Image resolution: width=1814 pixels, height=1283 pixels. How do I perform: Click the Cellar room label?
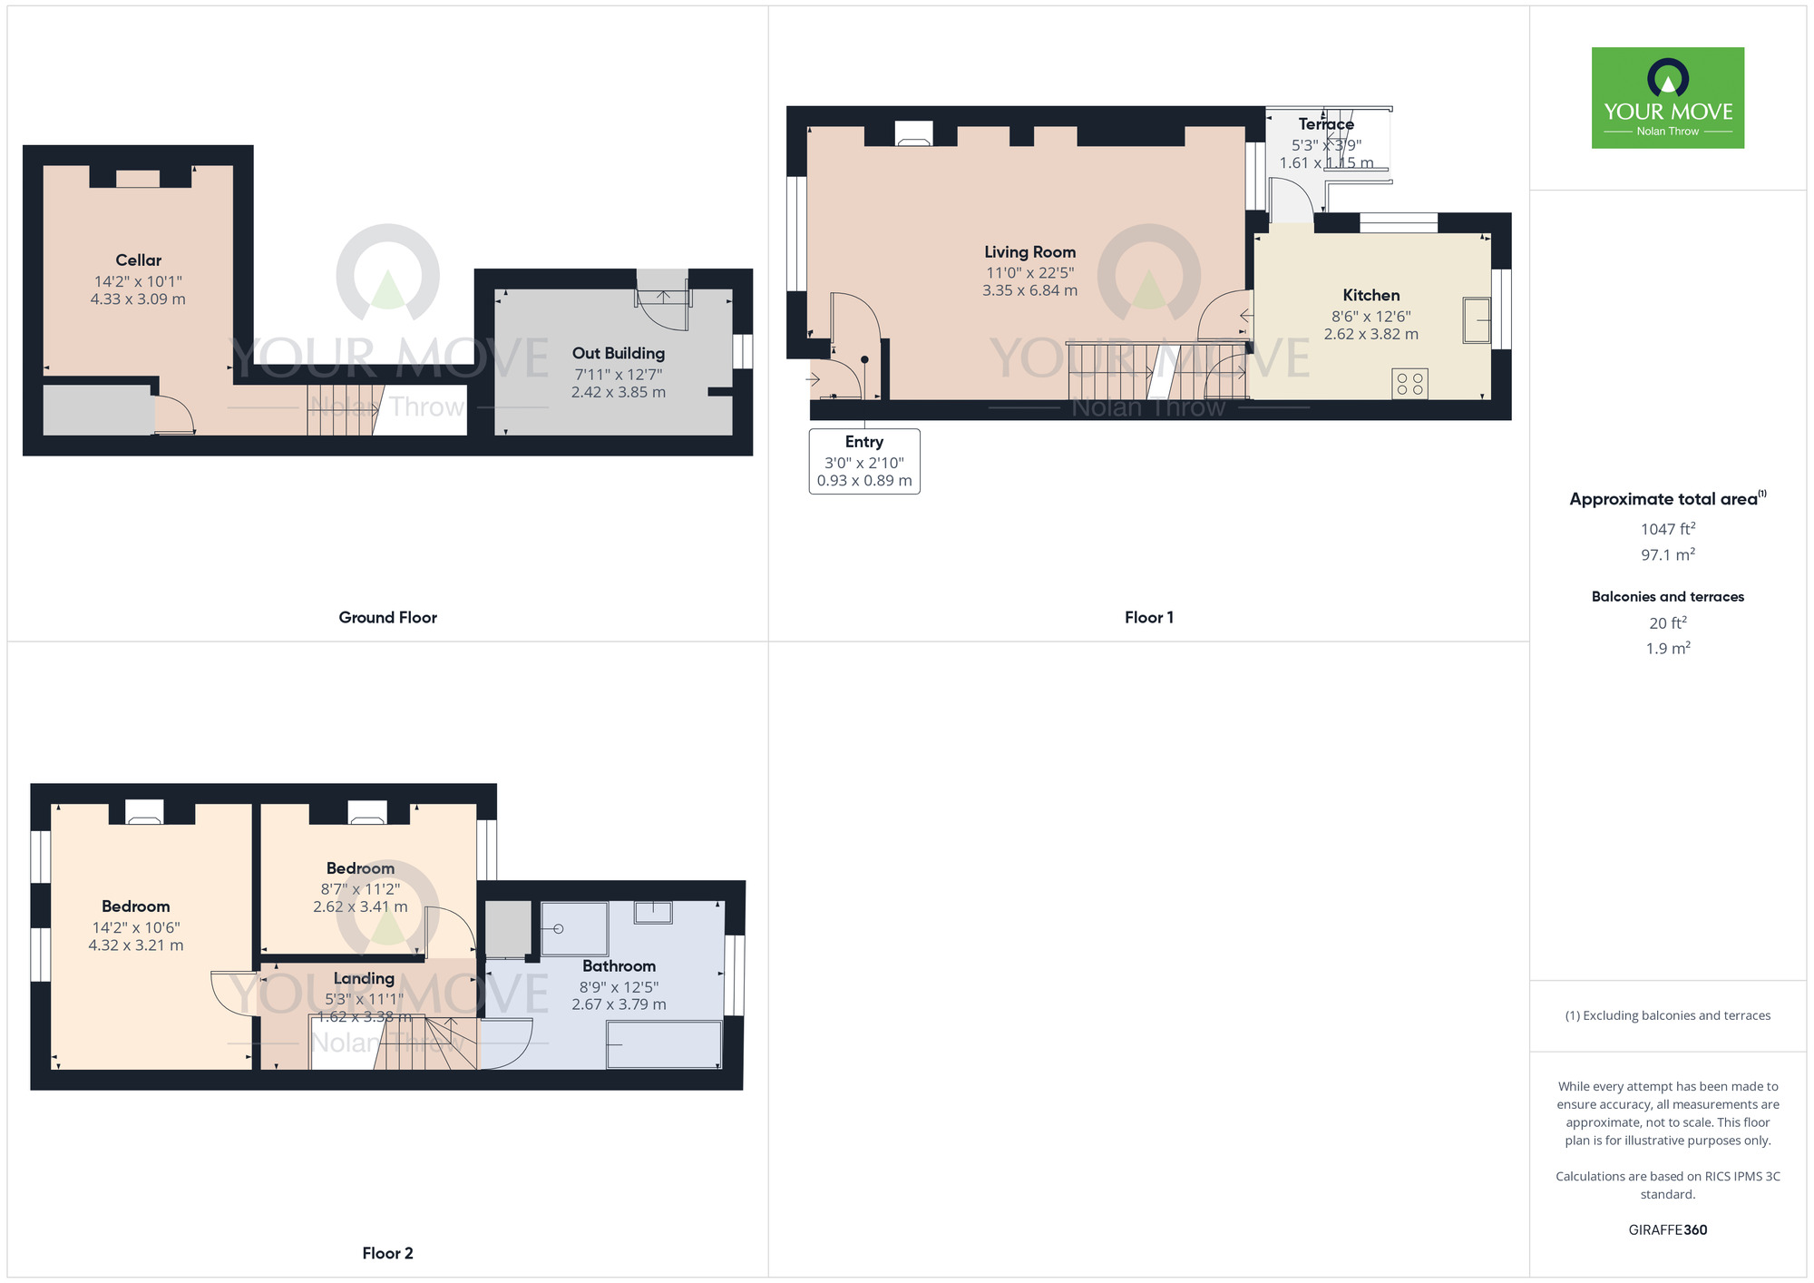138,260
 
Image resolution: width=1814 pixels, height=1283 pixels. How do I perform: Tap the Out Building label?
618,353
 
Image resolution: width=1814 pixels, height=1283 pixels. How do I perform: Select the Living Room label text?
1029,252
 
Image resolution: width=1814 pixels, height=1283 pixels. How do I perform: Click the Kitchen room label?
1370,295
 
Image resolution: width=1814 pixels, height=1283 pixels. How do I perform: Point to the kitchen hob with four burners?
1409,384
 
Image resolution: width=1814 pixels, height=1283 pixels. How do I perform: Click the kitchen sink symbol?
1477,320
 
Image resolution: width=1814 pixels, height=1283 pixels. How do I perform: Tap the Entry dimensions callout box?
864,461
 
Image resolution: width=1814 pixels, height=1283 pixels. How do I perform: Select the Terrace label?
1325,124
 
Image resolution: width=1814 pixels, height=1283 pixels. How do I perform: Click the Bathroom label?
619,965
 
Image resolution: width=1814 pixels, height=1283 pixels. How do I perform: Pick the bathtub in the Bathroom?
664,1044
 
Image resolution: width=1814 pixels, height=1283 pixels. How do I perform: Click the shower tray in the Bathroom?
574,928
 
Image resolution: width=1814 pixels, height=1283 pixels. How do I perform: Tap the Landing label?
364,978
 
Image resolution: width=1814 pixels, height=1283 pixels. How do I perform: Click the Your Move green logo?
1667,98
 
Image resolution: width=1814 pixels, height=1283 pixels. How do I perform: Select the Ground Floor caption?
387,617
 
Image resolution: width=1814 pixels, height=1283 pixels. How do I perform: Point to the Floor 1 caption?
1148,617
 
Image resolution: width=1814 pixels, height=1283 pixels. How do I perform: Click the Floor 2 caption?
387,1253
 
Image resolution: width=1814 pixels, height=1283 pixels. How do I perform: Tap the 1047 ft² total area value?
1667,529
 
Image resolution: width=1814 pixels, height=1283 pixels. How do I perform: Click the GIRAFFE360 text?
1667,1229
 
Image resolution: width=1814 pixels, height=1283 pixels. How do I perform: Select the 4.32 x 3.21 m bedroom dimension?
136,945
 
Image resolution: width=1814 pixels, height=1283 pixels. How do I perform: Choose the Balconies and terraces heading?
1667,596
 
